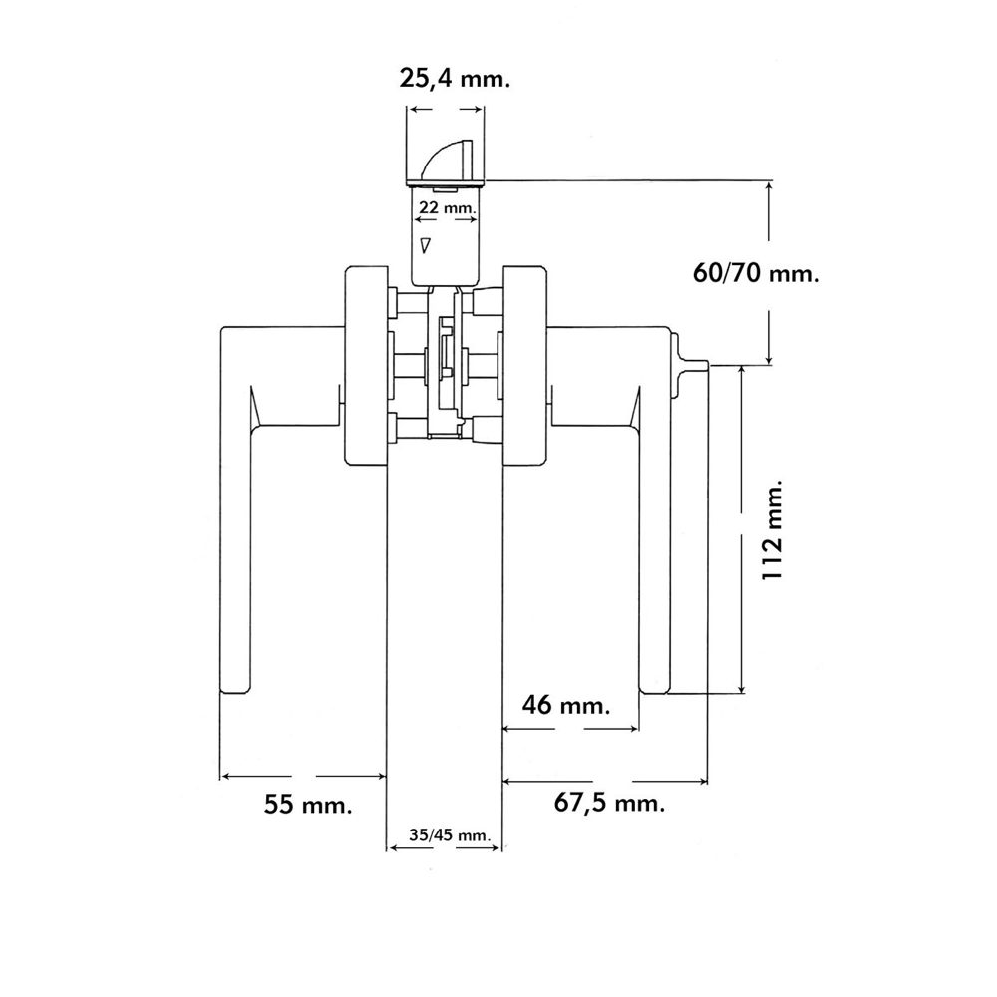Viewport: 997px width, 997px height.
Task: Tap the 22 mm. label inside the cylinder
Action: [x=444, y=207]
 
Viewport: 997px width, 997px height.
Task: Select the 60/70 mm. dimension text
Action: [x=756, y=272]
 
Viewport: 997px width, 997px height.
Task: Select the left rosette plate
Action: [x=366, y=365]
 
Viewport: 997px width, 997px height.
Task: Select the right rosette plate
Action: [x=525, y=365]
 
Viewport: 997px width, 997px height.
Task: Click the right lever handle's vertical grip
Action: [x=653, y=558]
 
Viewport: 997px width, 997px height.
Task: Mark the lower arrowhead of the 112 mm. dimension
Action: [x=742, y=687]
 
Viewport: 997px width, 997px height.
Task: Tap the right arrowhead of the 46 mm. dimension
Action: [x=631, y=729]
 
